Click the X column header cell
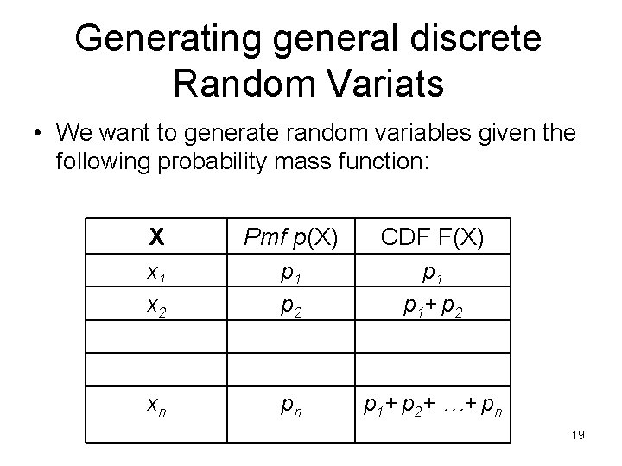coord(156,236)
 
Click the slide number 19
coord(578,436)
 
